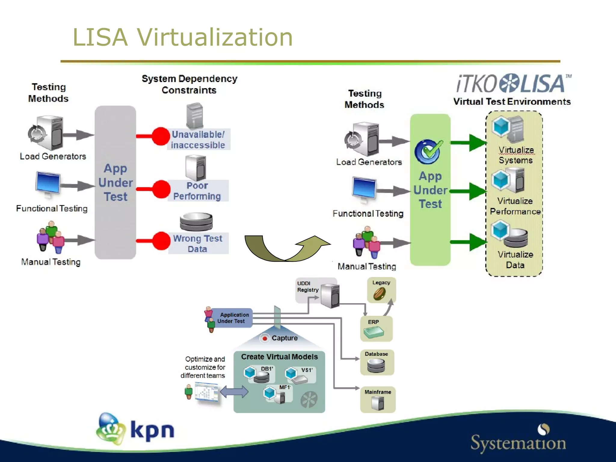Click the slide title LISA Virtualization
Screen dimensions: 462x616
coord(183,37)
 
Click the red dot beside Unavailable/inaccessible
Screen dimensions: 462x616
coord(161,136)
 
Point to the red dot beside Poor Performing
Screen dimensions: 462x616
coord(162,189)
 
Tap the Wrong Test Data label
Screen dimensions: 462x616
coord(198,244)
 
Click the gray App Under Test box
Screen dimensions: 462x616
coord(115,182)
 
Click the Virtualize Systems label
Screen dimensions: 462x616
coord(516,155)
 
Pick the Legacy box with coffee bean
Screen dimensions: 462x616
coord(381,290)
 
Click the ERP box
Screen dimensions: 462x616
coord(376,329)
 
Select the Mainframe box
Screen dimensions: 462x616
coord(378,399)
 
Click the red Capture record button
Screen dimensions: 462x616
coord(265,338)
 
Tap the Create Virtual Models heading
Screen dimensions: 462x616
coord(279,357)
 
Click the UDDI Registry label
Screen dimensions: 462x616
coord(307,287)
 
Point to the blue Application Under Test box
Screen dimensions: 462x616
coord(232,318)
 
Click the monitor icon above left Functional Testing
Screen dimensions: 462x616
coord(48,183)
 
